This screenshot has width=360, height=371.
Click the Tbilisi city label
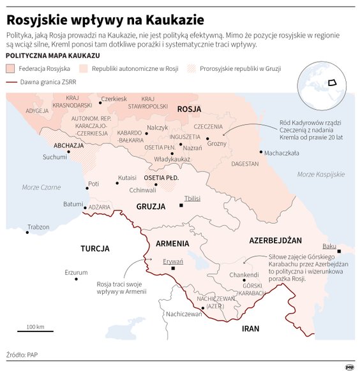(x=192, y=198)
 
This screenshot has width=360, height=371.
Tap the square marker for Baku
(x=339, y=252)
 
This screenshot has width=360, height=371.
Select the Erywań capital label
(x=173, y=262)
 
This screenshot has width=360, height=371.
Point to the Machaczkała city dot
(x=261, y=152)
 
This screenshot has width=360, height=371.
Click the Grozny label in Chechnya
(x=218, y=143)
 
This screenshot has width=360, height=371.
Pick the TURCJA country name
(x=95, y=249)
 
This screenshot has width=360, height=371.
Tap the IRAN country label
(x=251, y=329)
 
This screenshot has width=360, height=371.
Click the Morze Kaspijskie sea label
(x=320, y=174)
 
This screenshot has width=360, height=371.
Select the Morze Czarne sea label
(x=41, y=187)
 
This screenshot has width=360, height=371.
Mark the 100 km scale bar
(x=35, y=331)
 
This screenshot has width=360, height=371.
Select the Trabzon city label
(x=38, y=227)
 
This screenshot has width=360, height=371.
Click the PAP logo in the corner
(x=349, y=366)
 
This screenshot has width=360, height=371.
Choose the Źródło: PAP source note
(x=23, y=354)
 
